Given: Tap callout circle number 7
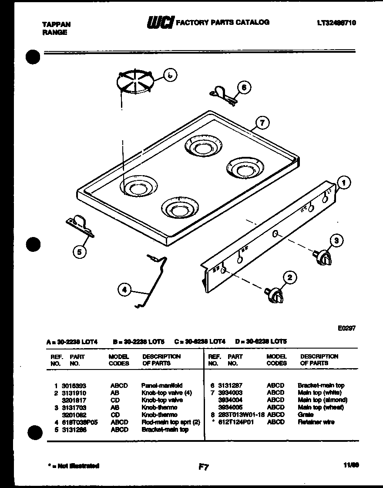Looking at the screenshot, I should pyautogui.click(x=261, y=123).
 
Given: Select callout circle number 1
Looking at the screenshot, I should pyautogui.click(x=343, y=183).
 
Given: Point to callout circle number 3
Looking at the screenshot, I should pyautogui.click(x=336, y=240).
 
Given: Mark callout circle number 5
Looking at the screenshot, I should pyautogui.click(x=79, y=251).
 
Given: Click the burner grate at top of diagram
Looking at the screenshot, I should pyautogui.click(x=135, y=81).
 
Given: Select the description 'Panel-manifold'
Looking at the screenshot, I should pyautogui.click(x=162, y=386).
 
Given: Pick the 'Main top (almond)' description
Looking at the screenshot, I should pyautogui.click(x=322, y=400).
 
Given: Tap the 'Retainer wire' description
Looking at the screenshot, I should pyautogui.click(x=316, y=422).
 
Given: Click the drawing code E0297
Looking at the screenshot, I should pyautogui.click(x=346, y=329).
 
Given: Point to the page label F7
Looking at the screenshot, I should pyautogui.click(x=203, y=467).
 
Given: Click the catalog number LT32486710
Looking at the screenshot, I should pyautogui.click(x=334, y=23).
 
